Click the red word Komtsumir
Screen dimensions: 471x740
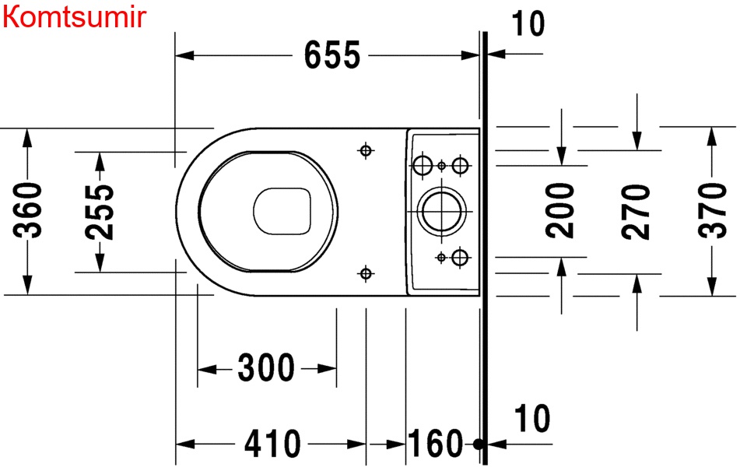click(x=74, y=16)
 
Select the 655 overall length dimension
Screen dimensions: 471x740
click(x=332, y=55)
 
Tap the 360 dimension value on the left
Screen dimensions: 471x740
click(x=29, y=211)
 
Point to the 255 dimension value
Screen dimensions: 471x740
click(x=100, y=211)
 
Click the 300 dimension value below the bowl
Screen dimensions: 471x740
click(x=267, y=367)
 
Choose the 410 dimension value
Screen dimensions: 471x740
click(x=272, y=445)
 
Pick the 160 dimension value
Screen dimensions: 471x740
click(x=435, y=445)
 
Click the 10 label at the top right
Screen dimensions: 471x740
click(x=529, y=24)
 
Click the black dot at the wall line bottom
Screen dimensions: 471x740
click(x=479, y=445)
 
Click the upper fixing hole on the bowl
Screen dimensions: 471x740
click(x=365, y=150)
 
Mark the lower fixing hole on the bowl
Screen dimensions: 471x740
click(x=365, y=272)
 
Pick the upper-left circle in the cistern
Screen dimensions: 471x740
click(x=422, y=165)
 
